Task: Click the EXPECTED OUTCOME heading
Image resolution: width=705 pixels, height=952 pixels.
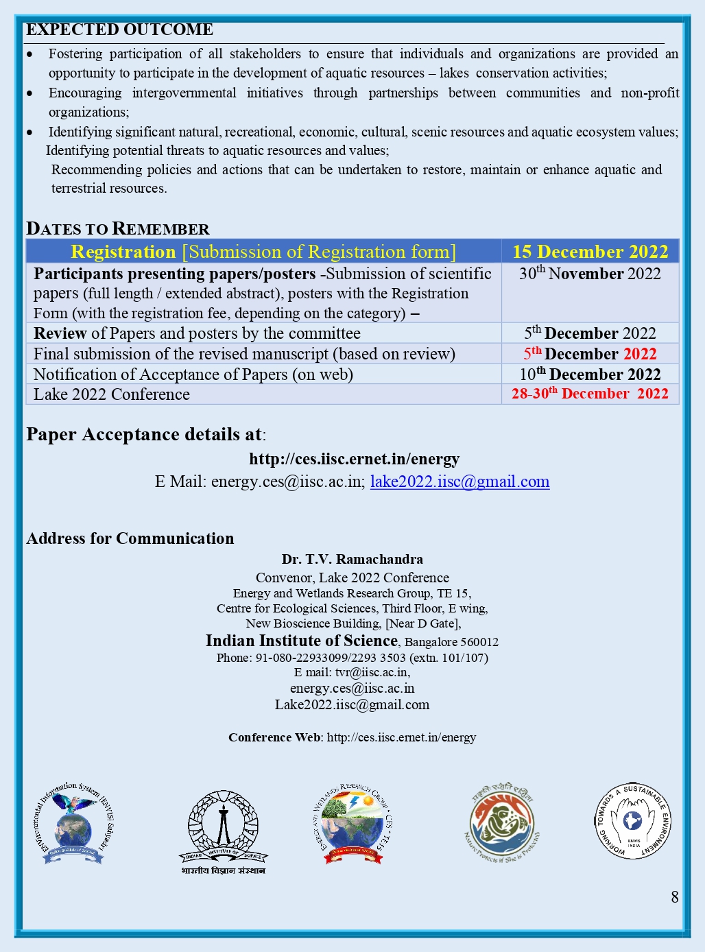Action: coord(119,29)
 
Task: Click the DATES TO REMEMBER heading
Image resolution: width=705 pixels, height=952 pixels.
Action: coord(117,228)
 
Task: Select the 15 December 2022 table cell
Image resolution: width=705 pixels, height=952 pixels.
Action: coord(590,252)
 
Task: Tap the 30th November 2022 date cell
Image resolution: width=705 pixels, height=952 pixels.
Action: coord(590,274)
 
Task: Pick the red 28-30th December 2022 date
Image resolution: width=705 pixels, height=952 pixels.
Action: coord(590,394)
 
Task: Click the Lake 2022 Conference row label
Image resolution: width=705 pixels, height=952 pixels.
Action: coord(112,394)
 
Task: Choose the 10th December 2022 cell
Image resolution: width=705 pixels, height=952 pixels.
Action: coord(590,374)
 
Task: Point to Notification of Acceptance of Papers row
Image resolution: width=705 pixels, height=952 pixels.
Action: coord(193,374)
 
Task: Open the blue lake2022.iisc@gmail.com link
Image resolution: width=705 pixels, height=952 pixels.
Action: coord(459,481)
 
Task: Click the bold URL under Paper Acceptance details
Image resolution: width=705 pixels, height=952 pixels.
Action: coord(354,459)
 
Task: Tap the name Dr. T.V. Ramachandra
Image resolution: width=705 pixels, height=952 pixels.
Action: coord(352,559)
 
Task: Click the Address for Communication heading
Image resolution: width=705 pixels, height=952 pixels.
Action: coord(130,538)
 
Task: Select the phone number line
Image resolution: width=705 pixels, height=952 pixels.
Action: coord(352,658)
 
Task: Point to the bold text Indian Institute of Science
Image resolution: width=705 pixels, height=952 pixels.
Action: coord(302,641)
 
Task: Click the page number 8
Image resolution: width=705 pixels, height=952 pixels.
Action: coord(675,897)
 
